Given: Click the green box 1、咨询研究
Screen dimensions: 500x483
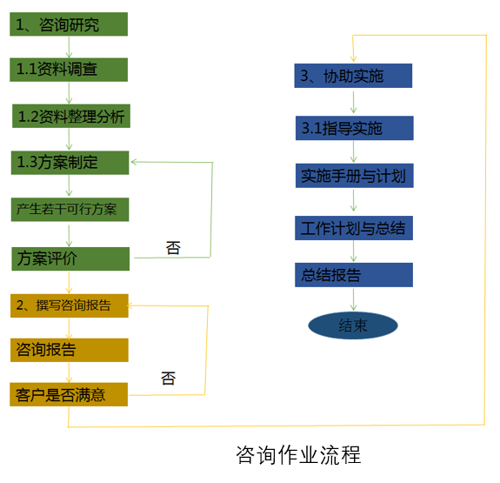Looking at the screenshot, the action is (x=69, y=24).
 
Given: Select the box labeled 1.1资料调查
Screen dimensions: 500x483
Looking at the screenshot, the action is (x=69, y=70).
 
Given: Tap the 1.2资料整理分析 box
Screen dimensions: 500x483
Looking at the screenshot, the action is (x=71, y=116).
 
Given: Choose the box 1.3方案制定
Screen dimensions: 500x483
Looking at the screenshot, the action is (x=70, y=163).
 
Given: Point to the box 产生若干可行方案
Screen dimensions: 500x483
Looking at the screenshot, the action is (x=70, y=210).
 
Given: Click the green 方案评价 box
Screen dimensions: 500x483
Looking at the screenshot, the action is (x=70, y=258).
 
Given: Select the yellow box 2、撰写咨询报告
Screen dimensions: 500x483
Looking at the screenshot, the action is (x=70, y=305).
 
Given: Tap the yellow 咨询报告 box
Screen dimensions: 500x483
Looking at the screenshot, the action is (x=70, y=350).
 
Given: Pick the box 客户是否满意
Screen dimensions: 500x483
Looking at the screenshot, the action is (x=69, y=394).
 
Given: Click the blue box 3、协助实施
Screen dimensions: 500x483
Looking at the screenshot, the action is (x=353, y=76).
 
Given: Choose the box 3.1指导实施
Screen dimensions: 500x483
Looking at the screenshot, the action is (x=354, y=128).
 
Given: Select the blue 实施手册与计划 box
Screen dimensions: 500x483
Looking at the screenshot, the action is (x=354, y=176).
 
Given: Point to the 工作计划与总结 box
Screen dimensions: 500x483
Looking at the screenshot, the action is (x=354, y=228).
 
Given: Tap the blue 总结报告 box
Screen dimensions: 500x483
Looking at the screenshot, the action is (x=354, y=275).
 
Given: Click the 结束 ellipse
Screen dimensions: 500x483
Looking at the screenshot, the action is (x=353, y=325).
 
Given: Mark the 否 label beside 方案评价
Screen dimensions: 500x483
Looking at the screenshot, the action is (x=173, y=248).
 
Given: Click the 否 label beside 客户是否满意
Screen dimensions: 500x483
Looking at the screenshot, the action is (x=168, y=379).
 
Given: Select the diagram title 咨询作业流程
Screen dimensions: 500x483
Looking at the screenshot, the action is (x=298, y=454).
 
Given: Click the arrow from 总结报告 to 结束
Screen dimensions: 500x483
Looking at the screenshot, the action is (x=353, y=299).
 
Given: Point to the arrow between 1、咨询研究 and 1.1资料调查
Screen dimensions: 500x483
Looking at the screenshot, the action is (x=69, y=47).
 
